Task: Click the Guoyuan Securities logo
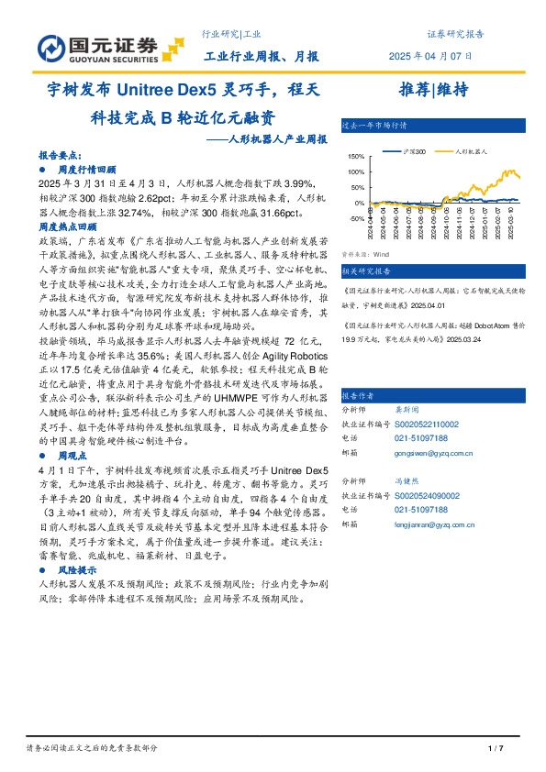99,46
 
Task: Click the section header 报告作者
357,395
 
